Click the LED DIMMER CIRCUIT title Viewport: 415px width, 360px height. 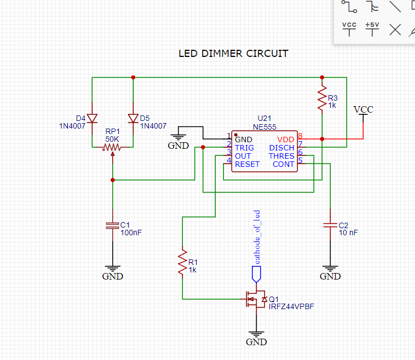tap(233, 54)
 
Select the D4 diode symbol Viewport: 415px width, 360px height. tap(92, 119)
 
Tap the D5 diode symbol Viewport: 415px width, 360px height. tap(133, 119)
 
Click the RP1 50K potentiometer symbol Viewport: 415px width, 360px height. tap(112, 148)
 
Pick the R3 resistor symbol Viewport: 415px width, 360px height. tap(322, 98)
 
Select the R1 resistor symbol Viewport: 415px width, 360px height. tap(182, 262)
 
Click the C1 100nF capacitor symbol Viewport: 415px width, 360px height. tap(112, 225)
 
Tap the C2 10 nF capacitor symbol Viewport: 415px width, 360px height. tap(330, 225)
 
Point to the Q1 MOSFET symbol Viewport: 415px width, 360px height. tap(256, 299)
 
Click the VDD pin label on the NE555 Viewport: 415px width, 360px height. tap(286, 140)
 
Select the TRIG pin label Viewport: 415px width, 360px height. tap(244, 148)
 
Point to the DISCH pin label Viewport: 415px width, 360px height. tap(281, 148)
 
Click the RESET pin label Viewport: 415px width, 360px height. tap(247, 164)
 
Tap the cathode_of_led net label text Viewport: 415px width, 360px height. tap(257, 237)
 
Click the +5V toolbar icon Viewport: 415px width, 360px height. tap(372, 29)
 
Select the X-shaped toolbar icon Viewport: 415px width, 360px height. tap(395, 30)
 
